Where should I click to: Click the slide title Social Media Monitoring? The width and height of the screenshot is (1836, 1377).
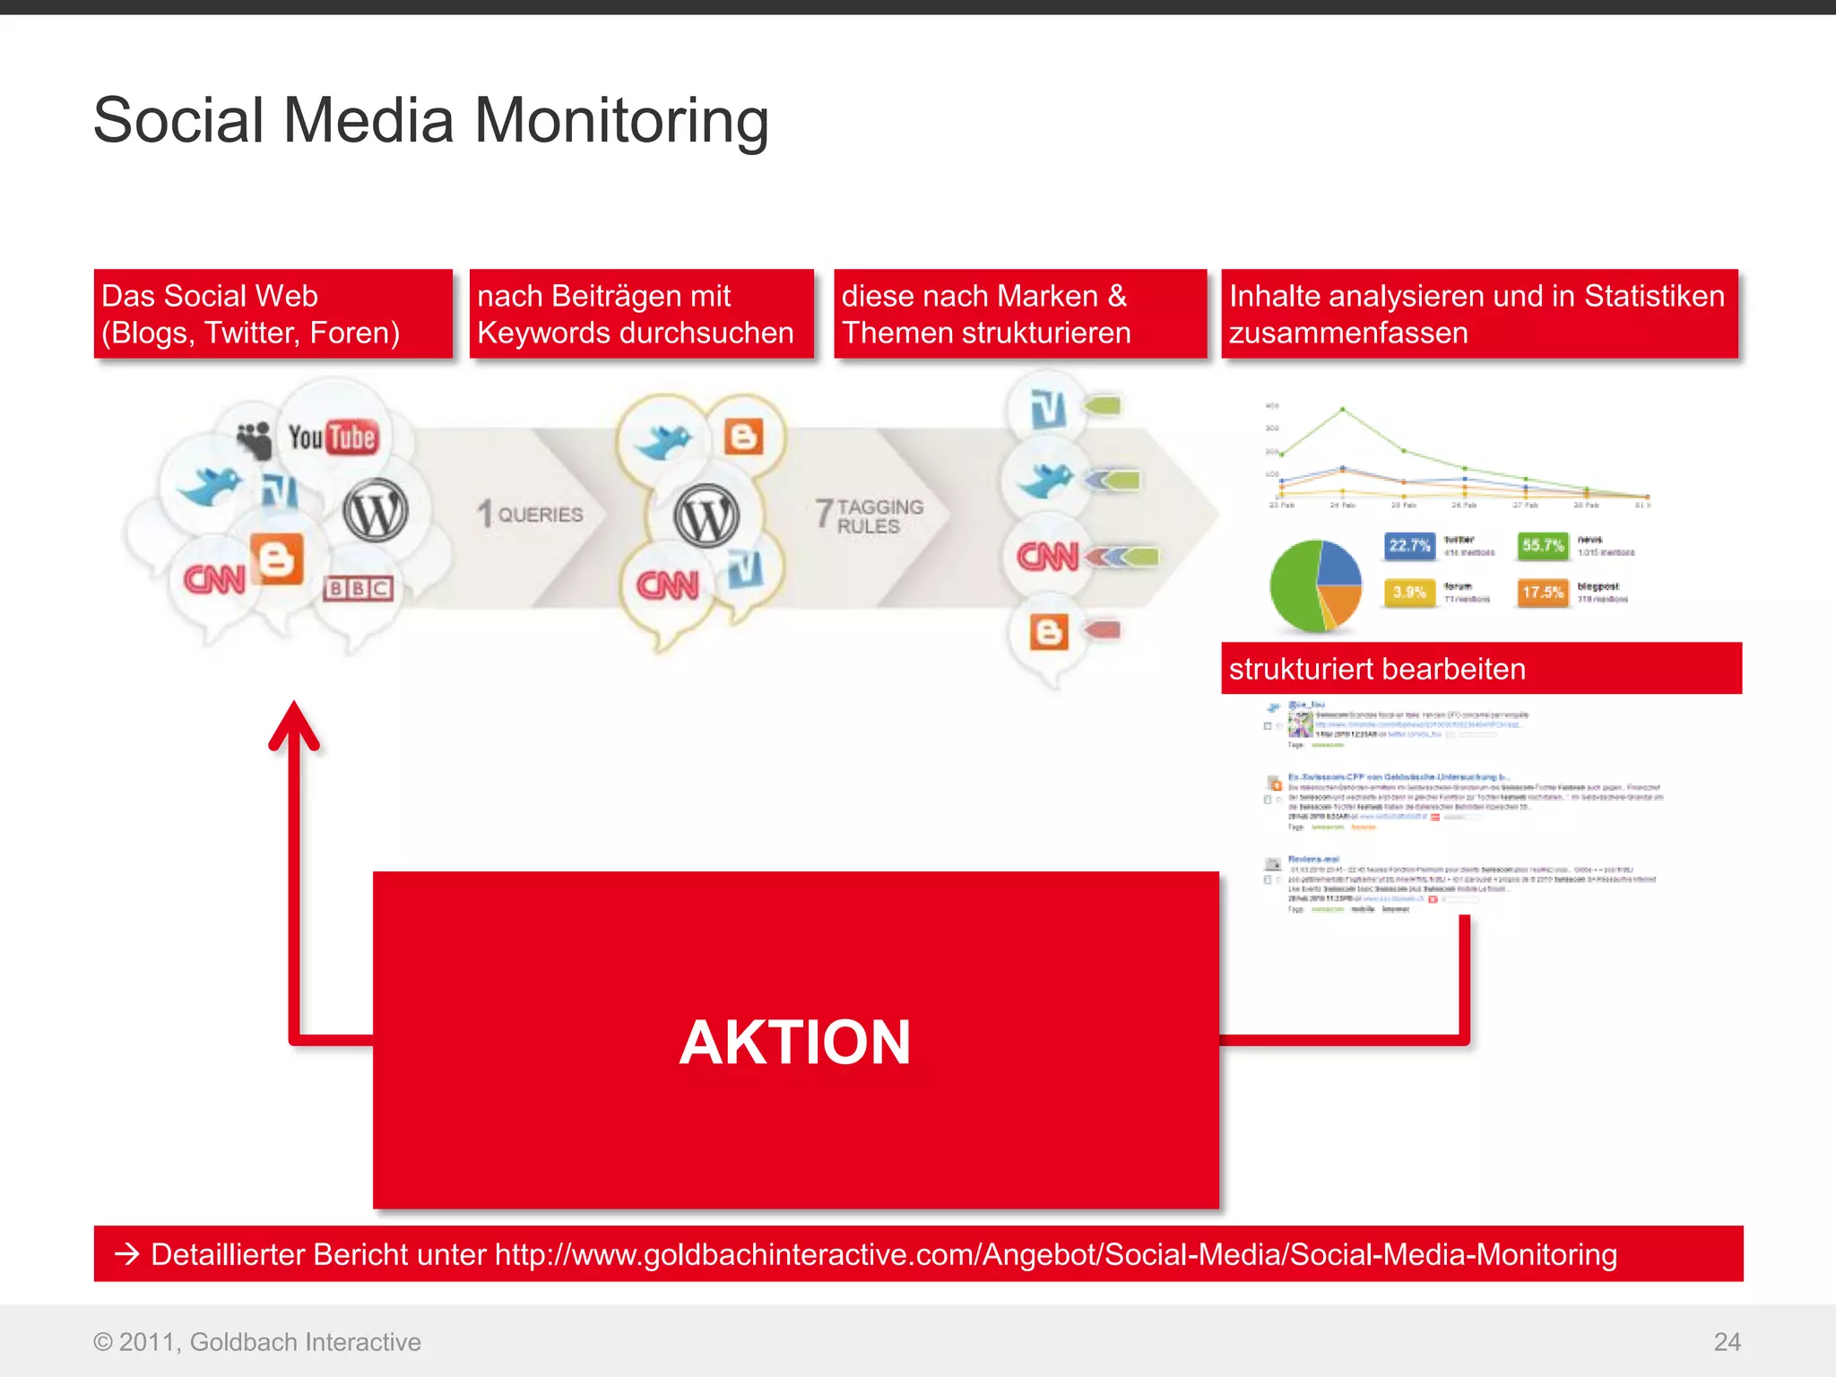point(430,120)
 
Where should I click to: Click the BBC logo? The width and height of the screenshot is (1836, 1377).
point(358,588)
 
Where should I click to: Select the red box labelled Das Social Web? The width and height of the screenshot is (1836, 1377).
point(273,314)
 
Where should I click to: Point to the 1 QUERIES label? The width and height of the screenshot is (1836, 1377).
point(530,514)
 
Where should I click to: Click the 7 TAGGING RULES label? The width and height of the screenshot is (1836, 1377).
point(870,515)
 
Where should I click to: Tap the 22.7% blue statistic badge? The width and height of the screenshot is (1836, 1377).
point(1409,545)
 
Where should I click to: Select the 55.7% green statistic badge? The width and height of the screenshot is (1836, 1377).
point(1543,545)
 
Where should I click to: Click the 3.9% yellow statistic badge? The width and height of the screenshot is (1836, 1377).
point(1408,593)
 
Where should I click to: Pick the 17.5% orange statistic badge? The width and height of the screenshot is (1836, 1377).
point(1543,593)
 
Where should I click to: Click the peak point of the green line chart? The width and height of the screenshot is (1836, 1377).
point(1342,410)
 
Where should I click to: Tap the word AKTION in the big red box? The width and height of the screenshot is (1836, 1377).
point(795,1042)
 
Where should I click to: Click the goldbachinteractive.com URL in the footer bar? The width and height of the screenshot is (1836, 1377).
point(1055,1254)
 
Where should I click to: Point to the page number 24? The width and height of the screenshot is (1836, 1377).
point(1727,1342)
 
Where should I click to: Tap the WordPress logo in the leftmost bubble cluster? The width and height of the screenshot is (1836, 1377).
point(376,512)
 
